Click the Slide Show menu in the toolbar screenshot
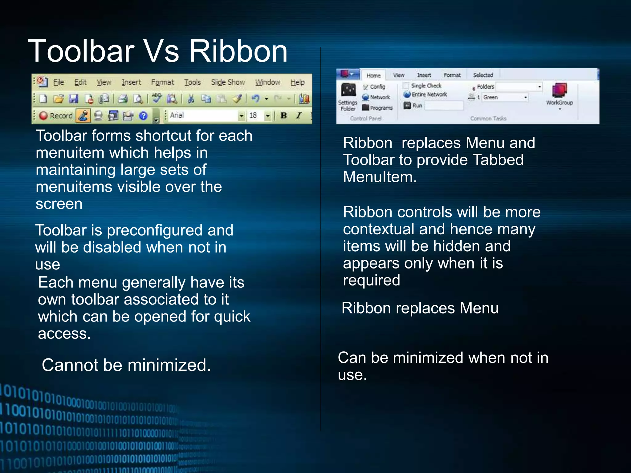coord(228,82)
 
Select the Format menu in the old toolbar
coord(162,82)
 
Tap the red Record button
coord(56,115)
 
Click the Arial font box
coord(203,115)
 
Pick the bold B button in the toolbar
coord(283,115)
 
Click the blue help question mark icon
coord(143,116)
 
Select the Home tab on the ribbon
coord(373,75)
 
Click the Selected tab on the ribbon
coord(483,75)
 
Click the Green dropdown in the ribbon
coord(505,97)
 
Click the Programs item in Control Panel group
coord(378,108)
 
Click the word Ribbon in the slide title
coord(238,51)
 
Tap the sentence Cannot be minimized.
coord(126,365)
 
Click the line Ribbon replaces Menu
coord(420,308)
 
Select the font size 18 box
coord(256,115)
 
